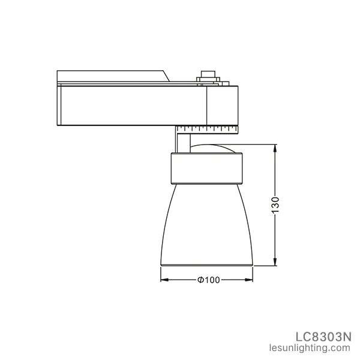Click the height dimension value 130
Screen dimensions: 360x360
275,205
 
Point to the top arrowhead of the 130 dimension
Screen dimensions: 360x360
275,148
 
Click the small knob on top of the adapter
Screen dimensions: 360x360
207,76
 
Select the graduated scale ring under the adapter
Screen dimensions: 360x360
207,128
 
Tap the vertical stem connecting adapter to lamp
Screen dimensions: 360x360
181,142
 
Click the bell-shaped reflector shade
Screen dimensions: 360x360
207,222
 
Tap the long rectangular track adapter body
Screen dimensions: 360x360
132,105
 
